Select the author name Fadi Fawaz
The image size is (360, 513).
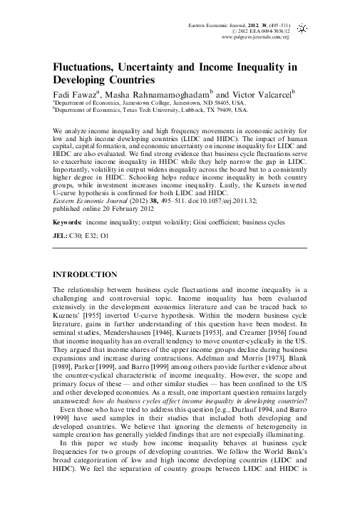(x=78, y=93)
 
